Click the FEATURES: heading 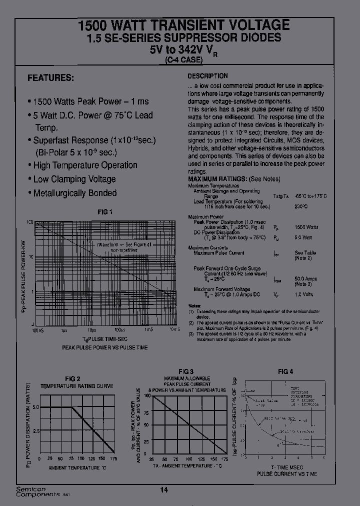coord(50,78)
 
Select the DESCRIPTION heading coord(207,76)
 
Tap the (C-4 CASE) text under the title coord(183,60)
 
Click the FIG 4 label coord(285,371)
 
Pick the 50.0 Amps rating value coord(306,278)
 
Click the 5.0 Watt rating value coord(303,237)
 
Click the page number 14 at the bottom coord(164,490)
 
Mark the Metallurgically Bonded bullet coord(74,193)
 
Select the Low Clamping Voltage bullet coord(73,179)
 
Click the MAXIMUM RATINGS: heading coord(217,179)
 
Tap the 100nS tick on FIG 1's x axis coord(37,330)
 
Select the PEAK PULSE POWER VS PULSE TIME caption coord(104,346)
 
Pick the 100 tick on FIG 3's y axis coord(147,395)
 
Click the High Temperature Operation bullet coord(84,165)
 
